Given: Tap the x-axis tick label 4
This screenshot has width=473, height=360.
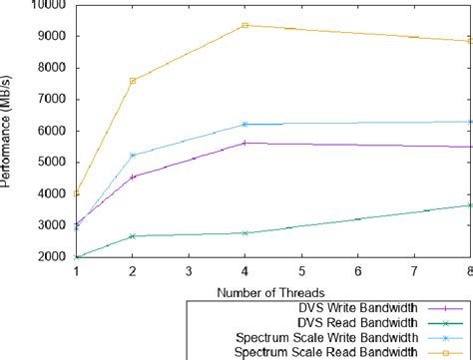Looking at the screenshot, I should [x=245, y=271].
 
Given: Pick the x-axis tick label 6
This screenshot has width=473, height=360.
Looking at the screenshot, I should [x=358, y=271].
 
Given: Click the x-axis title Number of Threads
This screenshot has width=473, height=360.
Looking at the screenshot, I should [x=271, y=291].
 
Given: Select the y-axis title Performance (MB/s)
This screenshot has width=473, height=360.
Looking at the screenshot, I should [x=9, y=132].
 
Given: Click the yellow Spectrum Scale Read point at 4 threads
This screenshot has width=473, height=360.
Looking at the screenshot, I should [x=245, y=25].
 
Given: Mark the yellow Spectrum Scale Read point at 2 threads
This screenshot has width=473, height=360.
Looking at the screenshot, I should [x=133, y=81].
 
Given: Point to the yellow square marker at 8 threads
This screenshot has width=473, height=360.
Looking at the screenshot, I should [x=470, y=41].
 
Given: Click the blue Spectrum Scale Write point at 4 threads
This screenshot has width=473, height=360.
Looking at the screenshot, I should [x=245, y=124].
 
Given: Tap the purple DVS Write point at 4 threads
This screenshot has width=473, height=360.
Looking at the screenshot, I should [x=245, y=143].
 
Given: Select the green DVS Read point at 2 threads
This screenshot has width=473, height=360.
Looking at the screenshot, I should [x=133, y=236].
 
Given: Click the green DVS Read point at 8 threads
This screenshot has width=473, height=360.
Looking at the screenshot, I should [x=470, y=205].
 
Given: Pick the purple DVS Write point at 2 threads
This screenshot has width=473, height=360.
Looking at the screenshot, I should [x=133, y=177].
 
